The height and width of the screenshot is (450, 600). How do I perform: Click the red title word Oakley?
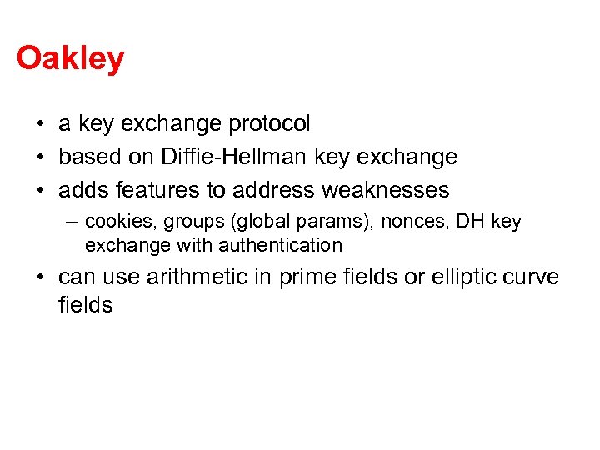click(70, 59)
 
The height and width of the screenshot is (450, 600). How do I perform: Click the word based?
click(87, 157)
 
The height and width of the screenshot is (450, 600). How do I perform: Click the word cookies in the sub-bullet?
click(113, 222)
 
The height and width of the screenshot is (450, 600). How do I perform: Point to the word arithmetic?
click(202, 277)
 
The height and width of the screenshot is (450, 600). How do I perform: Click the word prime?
click(312, 277)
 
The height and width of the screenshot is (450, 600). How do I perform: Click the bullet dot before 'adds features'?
click(40, 191)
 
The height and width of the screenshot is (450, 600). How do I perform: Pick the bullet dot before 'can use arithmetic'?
click(40, 277)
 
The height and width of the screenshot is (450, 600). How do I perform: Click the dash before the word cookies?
click(73, 222)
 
